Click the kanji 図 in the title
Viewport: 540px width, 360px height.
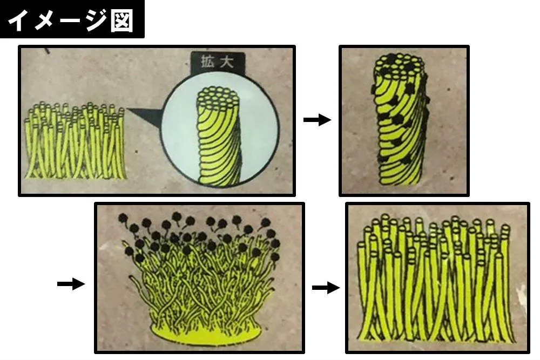click(122, 21)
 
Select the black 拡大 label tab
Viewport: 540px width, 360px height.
click(218, 63)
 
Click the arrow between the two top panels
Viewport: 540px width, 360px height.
click(317, 120)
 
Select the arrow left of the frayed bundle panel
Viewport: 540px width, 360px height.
click(71, 284)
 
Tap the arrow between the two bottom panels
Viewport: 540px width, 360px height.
click(326, 287)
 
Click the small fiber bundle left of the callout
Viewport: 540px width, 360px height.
click(74, 140)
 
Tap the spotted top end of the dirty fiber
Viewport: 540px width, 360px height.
click(400, 65)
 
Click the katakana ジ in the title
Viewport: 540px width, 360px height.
click(93, 19)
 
